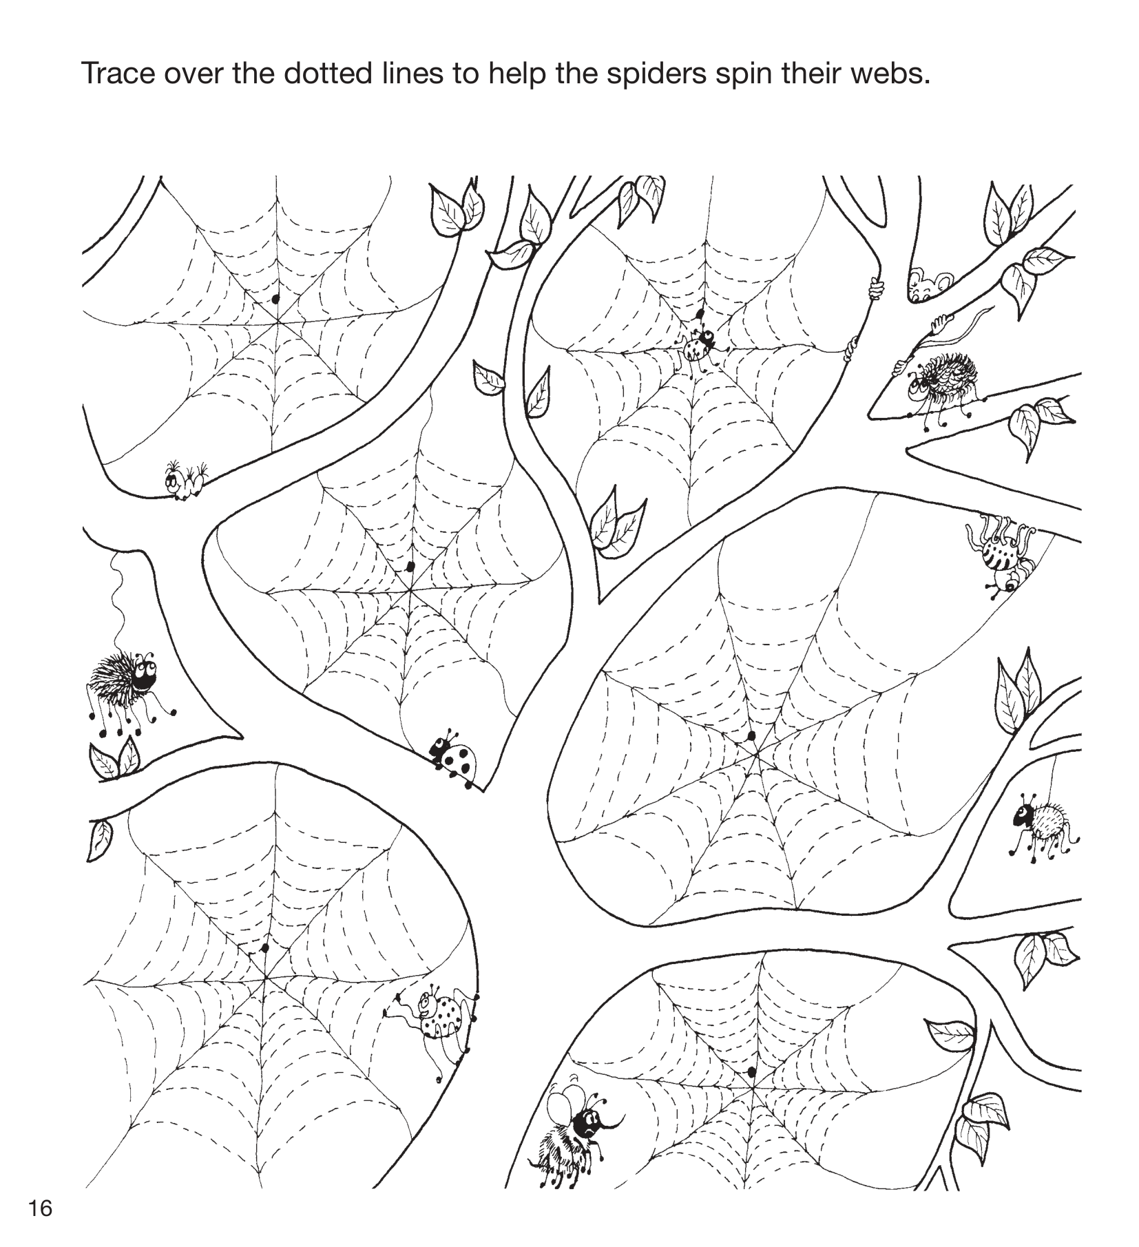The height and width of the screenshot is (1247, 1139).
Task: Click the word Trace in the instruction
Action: (x=117, y=72)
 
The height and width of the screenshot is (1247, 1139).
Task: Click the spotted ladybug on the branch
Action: (x=452, y=758)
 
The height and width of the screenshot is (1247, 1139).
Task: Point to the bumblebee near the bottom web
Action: (x=578, y=1137)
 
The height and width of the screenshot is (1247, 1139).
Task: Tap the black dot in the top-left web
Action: (x=276, y=299)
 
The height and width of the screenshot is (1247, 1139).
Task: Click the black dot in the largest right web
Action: (x=751, y=735)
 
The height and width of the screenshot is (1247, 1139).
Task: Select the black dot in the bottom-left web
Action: (x=264, y=948)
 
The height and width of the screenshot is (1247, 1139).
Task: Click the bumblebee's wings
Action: (x=561, y=1107)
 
